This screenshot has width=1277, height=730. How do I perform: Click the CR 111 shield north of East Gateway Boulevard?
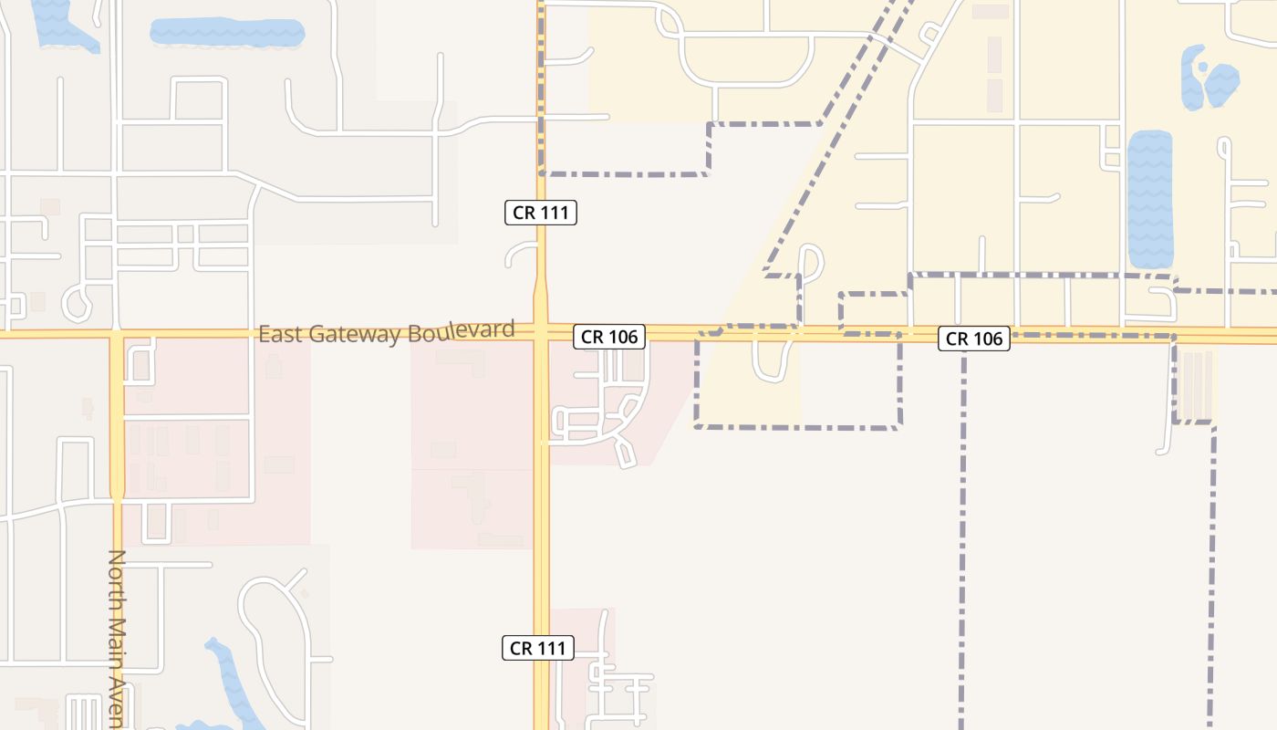(540, 214)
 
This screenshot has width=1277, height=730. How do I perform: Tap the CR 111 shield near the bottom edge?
(538, 649)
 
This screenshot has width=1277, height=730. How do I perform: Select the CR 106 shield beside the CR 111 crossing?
(609, 337)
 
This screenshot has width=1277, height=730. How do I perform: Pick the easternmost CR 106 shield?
(974, 339)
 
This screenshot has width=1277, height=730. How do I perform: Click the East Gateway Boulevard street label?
(387, 332)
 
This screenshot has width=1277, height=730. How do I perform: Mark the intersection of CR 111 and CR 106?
(541, 332)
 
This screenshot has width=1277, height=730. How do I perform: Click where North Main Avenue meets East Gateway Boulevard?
(117, 335)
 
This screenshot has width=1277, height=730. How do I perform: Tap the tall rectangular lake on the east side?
(1150, 199)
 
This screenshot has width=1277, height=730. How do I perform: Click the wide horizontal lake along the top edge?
(226, 33)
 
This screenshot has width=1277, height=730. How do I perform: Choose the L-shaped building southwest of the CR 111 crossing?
(464, 360)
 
